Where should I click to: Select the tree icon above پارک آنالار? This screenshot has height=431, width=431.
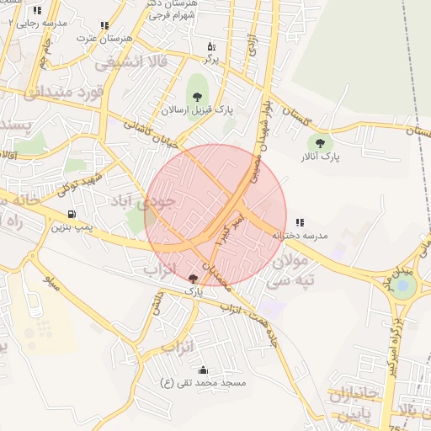319,142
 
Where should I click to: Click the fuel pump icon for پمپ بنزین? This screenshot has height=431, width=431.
72,214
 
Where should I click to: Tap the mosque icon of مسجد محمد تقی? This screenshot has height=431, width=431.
203,370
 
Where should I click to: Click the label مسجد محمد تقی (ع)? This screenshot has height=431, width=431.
203,383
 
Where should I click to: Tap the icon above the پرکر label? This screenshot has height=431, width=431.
210,46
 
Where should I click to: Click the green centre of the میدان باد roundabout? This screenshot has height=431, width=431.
403,286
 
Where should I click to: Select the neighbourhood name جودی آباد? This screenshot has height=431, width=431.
144,202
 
